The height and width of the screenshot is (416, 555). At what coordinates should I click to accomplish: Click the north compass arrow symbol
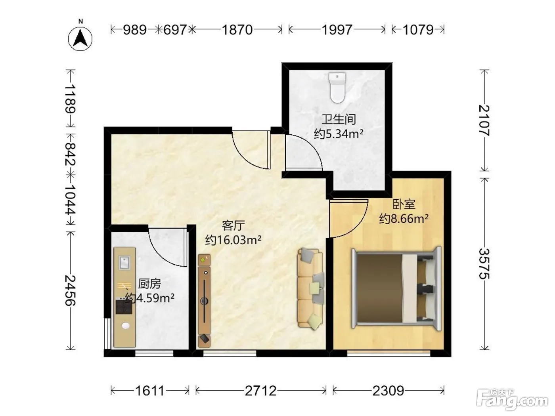point(80,39)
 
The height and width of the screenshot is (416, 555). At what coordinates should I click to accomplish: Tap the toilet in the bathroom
point(337,88)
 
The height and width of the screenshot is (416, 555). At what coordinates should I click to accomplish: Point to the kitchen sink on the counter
point(124,262)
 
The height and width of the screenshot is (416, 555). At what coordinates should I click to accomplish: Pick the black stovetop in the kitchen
point(124,307)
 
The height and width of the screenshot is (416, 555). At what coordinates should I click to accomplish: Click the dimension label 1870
point(237,30)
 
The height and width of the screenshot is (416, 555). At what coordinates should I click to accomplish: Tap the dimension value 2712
point(261,391)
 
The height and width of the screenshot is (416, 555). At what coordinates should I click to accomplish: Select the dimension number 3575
point(484,264)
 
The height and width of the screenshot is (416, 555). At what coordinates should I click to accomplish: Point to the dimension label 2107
point(484,120)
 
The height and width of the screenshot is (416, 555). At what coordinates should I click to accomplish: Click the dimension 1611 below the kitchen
point(150,391)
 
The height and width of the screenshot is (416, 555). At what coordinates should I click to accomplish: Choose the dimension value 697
point(175,30)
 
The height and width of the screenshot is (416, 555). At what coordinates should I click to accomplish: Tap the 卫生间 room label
point(339,119)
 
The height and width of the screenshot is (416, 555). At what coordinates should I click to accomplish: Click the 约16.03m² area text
point(233,240)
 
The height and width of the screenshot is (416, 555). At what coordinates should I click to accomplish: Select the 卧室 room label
point(404,204)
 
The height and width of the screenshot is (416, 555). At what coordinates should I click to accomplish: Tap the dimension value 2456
point(71,290)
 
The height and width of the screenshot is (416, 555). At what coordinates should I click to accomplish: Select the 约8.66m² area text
point(404,218)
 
